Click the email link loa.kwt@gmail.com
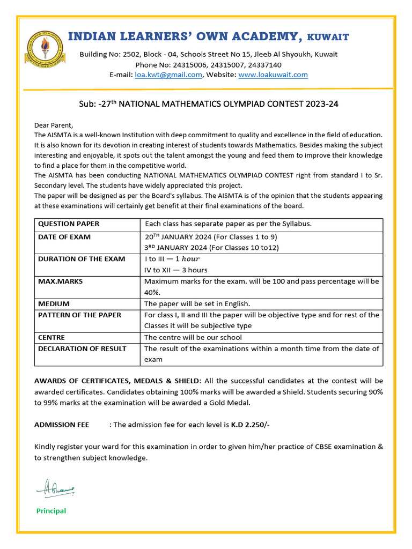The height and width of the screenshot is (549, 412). click(168, 75)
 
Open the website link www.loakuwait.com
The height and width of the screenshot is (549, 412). click(273, 75)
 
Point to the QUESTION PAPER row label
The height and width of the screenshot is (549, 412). click(69, 224)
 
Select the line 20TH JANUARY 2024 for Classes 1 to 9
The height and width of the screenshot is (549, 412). click(211, 237)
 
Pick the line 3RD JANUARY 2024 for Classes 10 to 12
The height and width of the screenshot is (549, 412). click(212, 248)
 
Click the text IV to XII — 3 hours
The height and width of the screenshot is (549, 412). click(176, 270)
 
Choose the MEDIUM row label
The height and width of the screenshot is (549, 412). click(54, 303)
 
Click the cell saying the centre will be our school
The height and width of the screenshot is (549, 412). click(193, 337)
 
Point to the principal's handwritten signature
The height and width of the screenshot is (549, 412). click(55, 488)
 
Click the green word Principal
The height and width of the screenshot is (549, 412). click(51, 511)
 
